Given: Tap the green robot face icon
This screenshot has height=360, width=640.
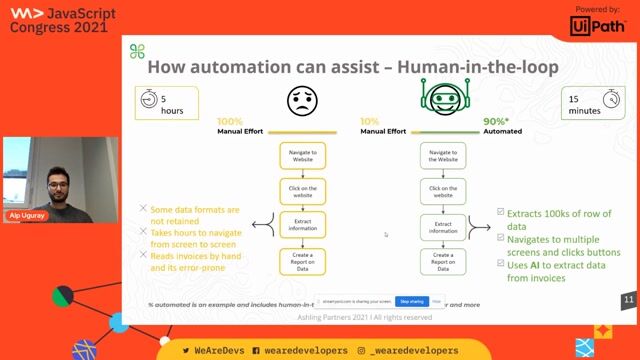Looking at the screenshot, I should click(442, 103).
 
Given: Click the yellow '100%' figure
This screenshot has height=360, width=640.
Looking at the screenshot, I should click(230, 121).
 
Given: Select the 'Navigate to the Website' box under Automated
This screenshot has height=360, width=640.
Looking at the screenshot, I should click(442, 157).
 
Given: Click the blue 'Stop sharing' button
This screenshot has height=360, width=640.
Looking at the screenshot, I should click(410, 300).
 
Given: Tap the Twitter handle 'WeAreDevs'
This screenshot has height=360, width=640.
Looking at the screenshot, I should click(213, 351).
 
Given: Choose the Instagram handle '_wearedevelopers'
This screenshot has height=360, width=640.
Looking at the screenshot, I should click(408, 351).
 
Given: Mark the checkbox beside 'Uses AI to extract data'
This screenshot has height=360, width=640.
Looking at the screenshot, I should click(501, 264).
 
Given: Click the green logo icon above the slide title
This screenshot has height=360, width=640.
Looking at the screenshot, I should click(137, 51).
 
